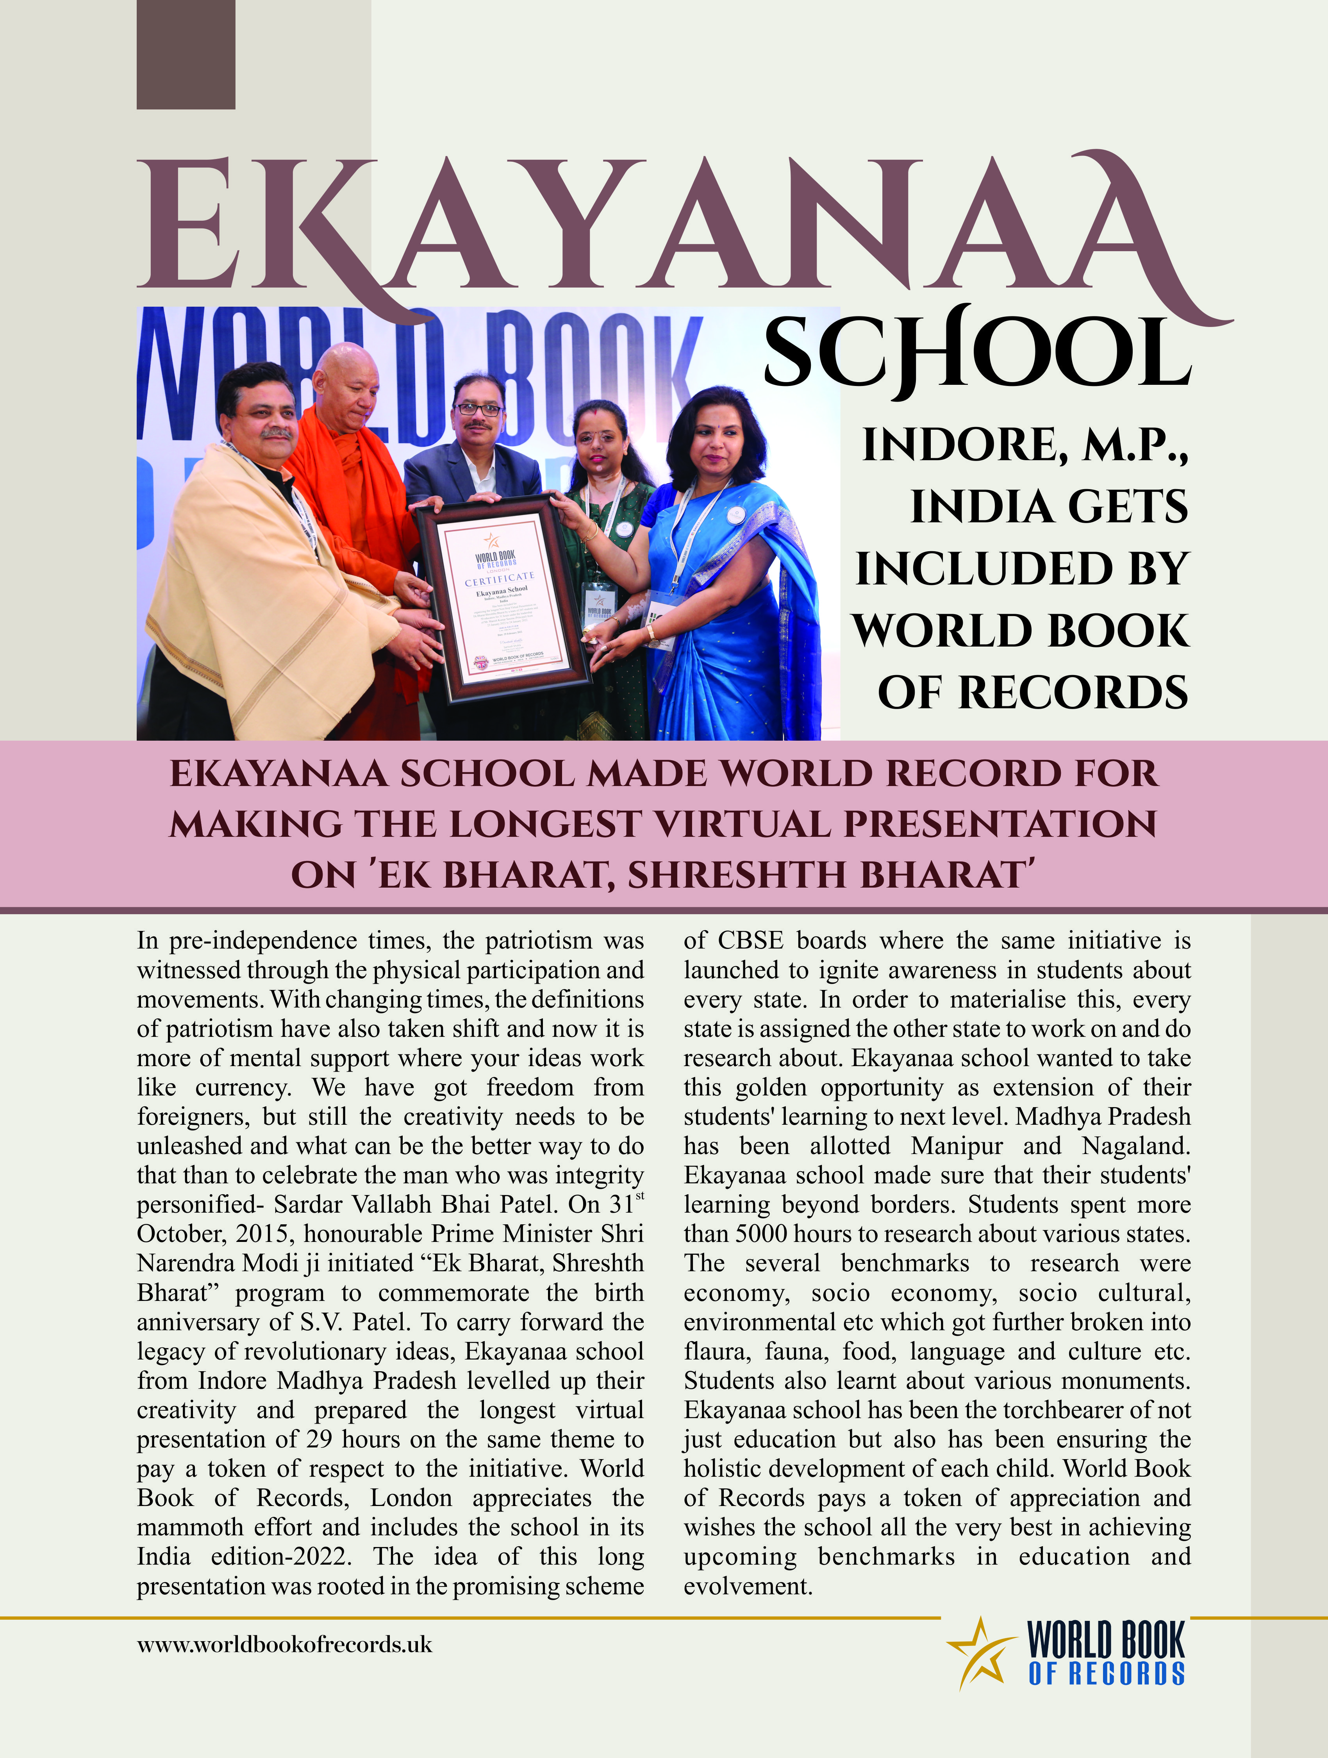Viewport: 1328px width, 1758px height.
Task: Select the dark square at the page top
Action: tap(186, 54)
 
